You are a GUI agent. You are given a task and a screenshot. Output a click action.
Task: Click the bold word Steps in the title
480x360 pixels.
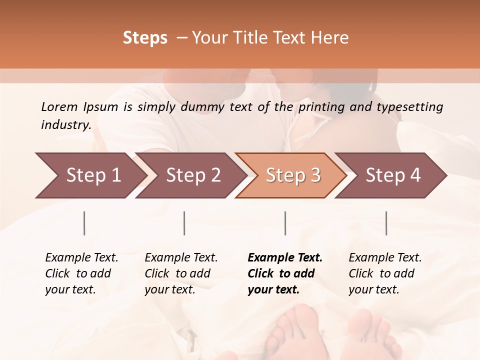(145, 38)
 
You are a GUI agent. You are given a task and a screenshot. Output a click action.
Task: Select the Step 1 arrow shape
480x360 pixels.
(90, 175)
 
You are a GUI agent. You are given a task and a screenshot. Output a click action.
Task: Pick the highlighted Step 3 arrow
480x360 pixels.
(292, 175)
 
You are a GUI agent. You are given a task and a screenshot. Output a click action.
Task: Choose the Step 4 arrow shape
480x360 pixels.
(392, 175)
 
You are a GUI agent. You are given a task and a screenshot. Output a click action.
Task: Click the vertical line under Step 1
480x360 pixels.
(84, 223)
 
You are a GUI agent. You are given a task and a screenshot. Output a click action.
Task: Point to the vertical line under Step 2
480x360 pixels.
(184, 223)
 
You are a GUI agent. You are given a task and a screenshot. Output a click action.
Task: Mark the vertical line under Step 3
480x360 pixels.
(285, 223)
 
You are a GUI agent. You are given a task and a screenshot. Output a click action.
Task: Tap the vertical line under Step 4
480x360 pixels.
(386, 223)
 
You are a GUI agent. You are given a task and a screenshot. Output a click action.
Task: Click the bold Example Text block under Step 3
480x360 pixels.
(285, 273)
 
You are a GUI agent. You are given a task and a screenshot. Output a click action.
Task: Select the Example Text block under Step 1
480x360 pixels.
(81, 273)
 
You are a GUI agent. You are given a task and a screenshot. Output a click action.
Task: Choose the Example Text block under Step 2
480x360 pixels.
(181, 273)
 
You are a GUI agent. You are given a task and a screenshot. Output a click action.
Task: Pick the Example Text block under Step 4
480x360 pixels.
(385, 273)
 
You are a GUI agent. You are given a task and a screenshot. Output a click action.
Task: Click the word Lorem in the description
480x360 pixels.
(59, 106)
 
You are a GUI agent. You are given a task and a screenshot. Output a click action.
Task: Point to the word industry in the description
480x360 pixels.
(66, 125)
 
